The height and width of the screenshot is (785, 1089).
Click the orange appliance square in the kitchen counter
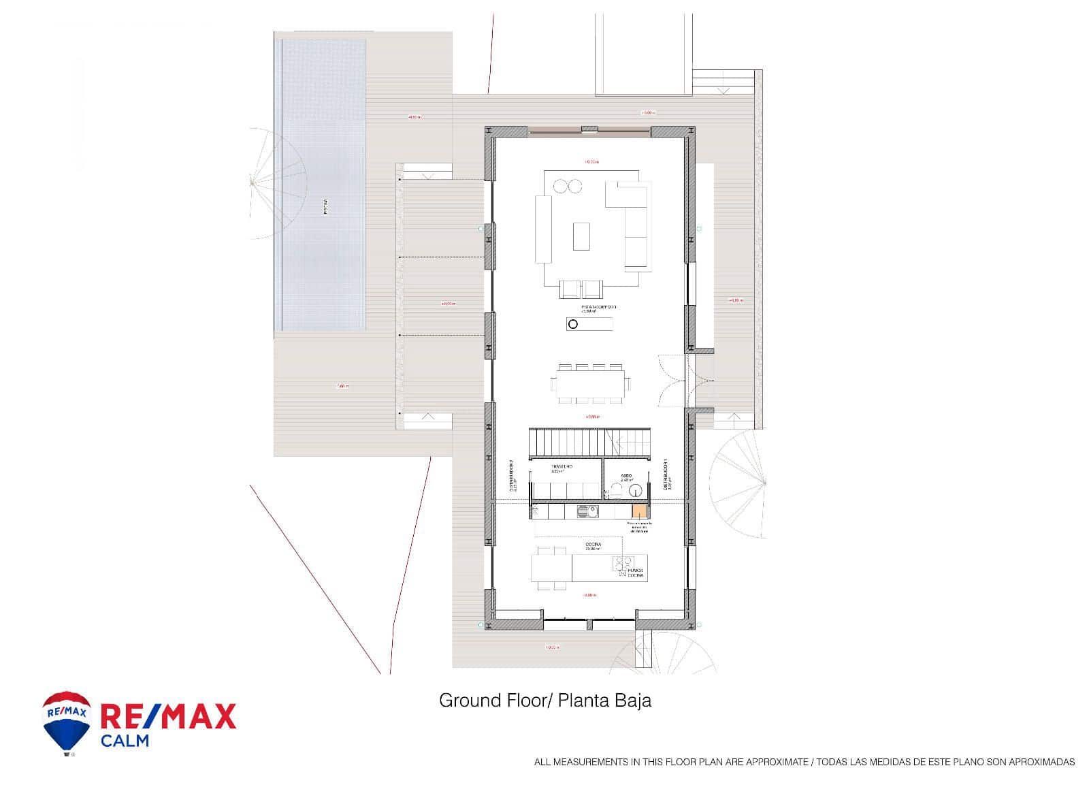(638, 511)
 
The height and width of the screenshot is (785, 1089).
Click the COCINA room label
(592, 545)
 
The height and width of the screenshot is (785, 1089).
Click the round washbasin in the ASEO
(635, 490)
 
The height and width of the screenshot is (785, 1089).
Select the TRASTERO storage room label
(562, 467)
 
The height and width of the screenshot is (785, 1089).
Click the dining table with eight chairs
(591, 383)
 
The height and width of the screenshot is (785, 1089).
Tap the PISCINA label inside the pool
(325, 206)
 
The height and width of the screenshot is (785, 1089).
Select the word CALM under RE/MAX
(125, 740)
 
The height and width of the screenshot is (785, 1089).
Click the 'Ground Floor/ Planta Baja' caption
(544, 701)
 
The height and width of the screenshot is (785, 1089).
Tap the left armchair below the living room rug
(570, 290)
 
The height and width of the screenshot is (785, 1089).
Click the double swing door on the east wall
(674, 381)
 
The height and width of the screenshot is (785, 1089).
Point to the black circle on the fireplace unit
(572, 324)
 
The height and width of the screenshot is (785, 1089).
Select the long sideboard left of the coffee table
(543, 229)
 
